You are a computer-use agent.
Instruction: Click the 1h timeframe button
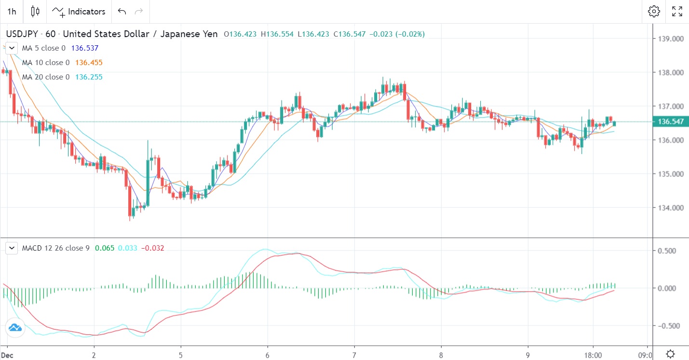click(12, 12)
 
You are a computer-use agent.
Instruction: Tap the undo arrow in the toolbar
click(122, 12)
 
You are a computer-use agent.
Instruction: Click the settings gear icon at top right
click(654, 12)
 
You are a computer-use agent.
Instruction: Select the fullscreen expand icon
click(677, 12)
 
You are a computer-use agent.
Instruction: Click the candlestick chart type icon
click(35, 12)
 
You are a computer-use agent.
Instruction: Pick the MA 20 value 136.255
click(89, 77)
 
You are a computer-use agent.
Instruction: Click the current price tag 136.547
click(670, 121)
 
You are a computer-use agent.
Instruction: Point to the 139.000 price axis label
click(670, 39)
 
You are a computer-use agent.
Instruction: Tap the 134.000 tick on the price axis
click(670, 208)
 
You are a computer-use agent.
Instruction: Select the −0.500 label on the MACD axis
click(670, 326)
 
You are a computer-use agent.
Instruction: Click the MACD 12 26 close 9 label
click(56, 248)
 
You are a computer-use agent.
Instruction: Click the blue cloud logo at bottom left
click(15, 328)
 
